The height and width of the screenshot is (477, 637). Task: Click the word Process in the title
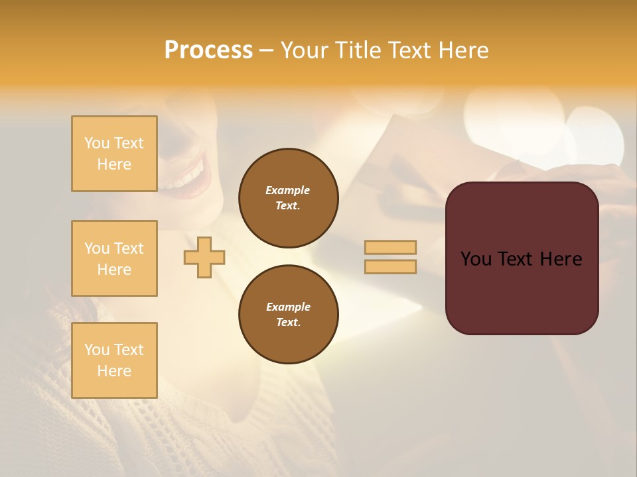click(x=208, y=50)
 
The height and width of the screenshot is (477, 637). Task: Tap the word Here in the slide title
click(x=462, y=50)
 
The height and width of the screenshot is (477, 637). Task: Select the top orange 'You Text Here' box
click(x=114, y=154)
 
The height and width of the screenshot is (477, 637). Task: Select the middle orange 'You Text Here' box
click(x=114, y=258)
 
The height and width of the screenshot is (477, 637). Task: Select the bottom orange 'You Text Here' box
click(x=114, y=360)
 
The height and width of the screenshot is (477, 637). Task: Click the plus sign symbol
click(x=204, y=257)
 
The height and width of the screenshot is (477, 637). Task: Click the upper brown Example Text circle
click(x=289, y=198)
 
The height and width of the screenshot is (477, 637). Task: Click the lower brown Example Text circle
click(x=289, y=315)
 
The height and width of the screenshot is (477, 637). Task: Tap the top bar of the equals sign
click(x=390, y=247)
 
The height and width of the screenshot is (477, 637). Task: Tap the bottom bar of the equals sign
click(x=390, y=266)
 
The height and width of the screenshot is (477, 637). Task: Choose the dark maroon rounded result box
click(x=522, y=291)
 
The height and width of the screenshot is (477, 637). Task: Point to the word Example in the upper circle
click(x=288, y=190)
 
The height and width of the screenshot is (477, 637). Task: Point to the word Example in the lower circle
click(x=288, y=307)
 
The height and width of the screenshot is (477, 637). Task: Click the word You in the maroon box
click(x=476, y=259)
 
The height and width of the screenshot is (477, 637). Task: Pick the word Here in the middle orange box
click(x=114, y=270)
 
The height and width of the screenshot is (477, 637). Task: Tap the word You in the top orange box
click(x=97, y=143)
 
